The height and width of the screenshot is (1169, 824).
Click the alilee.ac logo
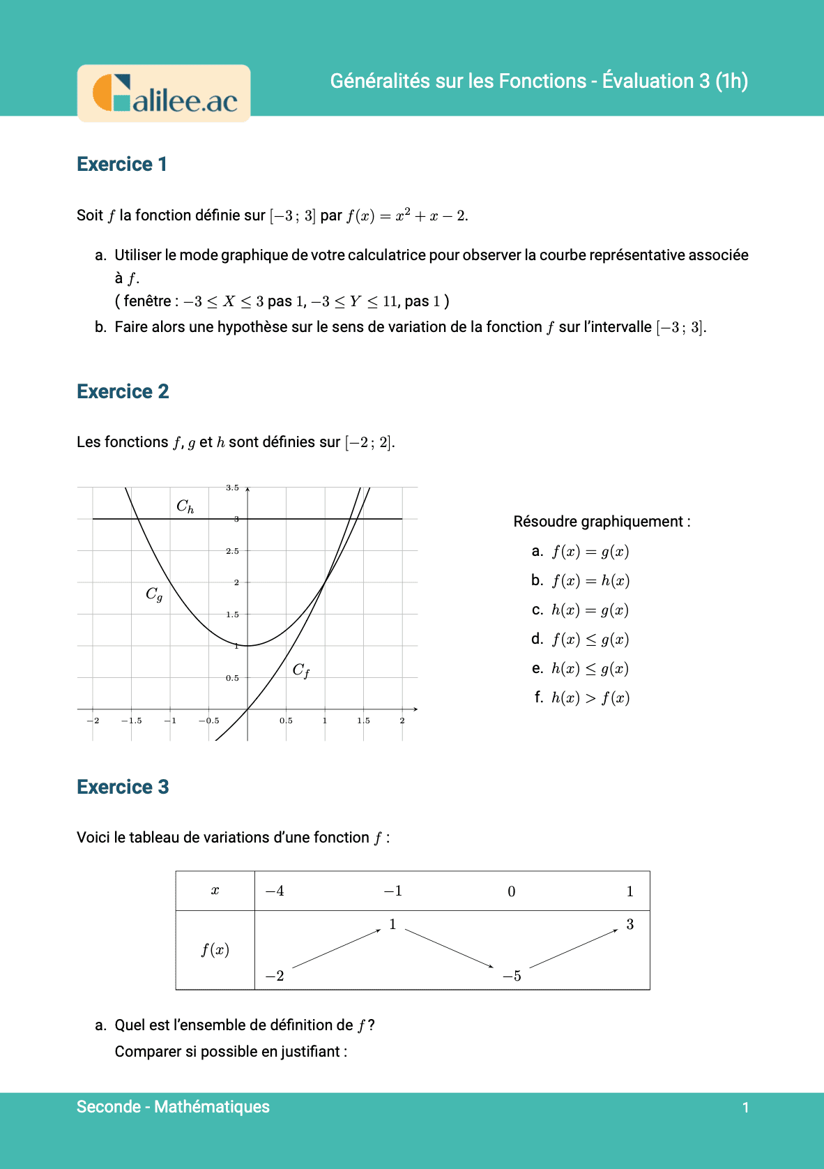tap(165, 94)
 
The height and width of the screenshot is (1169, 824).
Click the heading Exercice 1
tap(122, 165)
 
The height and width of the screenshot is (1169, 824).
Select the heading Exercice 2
tap(123, 392)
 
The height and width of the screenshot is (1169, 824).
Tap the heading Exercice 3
tap(123, 787)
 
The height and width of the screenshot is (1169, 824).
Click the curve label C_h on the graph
tap(185, 506)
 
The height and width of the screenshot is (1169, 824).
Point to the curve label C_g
tap(154, 594)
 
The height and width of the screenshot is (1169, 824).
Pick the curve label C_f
tap(300, 670)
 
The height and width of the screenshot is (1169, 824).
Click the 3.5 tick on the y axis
tap(232, 488)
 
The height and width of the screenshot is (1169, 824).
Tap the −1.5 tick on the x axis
tap(131, 721)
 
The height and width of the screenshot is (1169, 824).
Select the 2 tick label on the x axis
tap(402, 721)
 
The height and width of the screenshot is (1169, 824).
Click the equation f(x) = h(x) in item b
tap(590, 581)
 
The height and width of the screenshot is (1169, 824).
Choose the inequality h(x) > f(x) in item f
tap(590, 698)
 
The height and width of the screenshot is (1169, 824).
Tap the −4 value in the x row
tap(275, 891)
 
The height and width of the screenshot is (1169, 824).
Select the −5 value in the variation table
tap(512, 976)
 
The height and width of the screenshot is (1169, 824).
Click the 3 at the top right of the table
tap(630, 925)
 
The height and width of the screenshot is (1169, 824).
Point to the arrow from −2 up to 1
tap(336, 949)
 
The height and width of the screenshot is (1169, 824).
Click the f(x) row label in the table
tap(215, 950)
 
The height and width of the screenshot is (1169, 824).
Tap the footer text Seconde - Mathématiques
tap(173, 1107)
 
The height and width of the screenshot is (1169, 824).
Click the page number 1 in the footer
tap(745, 1108)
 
